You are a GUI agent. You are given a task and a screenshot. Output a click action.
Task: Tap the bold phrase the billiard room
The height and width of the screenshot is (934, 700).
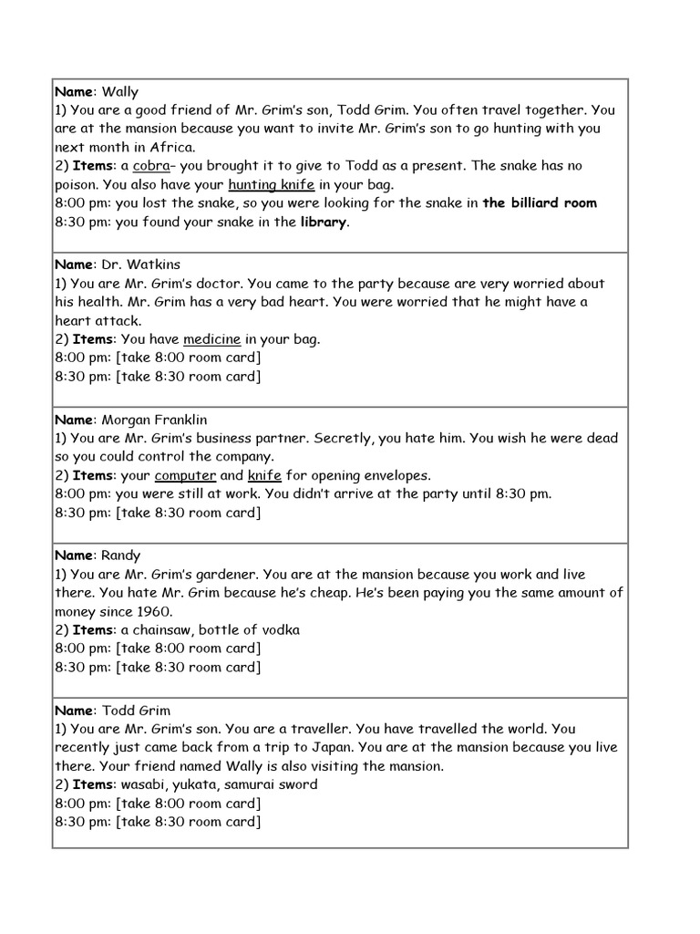pyautogui.click(x=540, y=203)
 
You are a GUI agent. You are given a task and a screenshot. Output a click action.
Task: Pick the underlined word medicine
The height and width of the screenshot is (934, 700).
pyautogui.click(x=211, y=339)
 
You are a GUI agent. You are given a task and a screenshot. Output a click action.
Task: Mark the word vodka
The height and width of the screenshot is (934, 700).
pyautogui.click(x=278, y=630)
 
